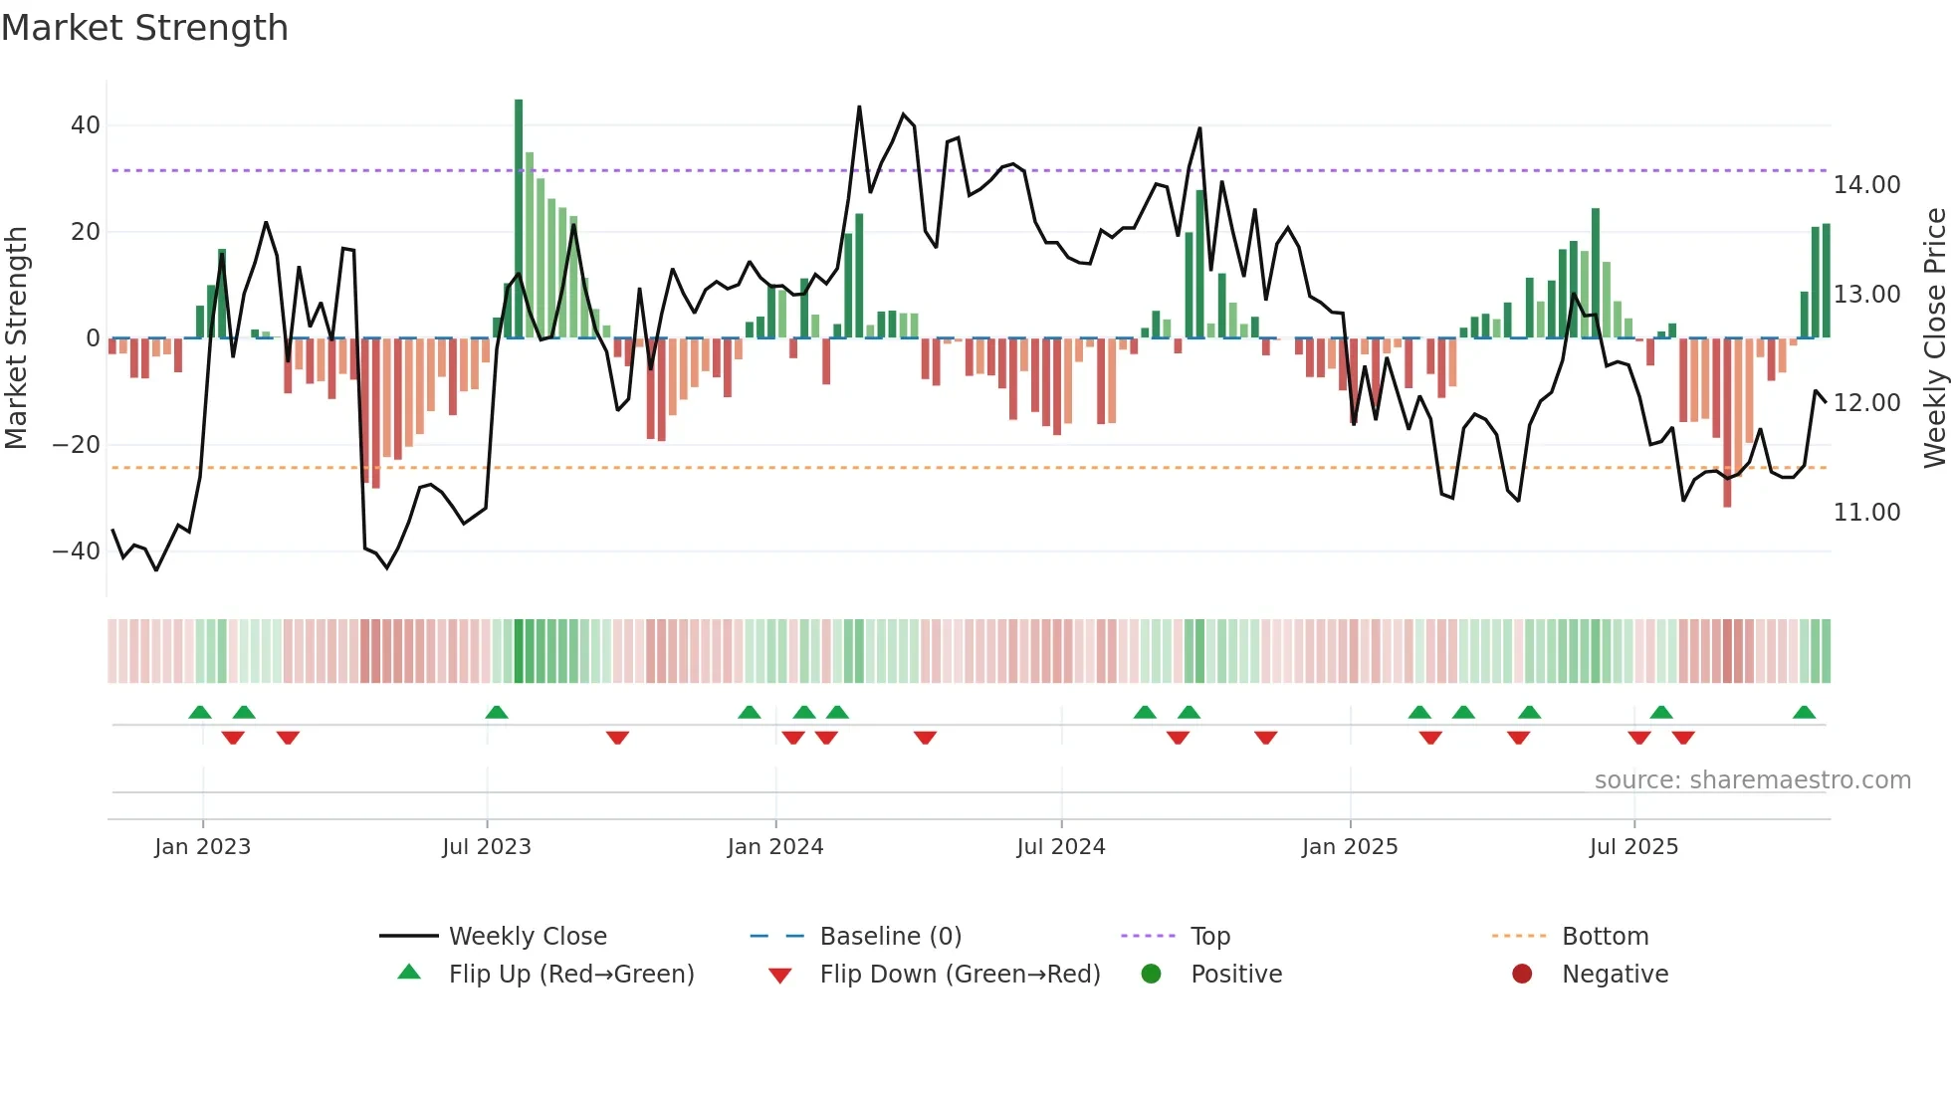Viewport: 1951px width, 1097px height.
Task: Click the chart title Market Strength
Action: tap(144, 28)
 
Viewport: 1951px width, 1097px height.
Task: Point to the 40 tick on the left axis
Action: tap(86, 125)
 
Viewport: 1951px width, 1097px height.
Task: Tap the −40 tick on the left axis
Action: tap(77, 551)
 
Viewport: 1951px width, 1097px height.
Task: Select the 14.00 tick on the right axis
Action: tap(1866, 185)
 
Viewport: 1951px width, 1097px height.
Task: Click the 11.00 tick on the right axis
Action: tap(1866, 513)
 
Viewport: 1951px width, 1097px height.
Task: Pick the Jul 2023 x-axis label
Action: tap(487, 847)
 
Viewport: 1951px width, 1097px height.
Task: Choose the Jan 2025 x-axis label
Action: tap(1350, 847)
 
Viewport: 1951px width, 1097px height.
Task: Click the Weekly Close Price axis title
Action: tap(1934, 338)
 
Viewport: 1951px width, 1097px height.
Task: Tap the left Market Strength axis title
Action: tap(17, 338)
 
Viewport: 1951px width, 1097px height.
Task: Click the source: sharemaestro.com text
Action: tap(1752, 780)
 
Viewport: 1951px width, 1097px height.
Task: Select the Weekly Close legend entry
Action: tap(528, 937)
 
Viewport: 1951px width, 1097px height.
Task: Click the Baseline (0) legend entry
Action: tap(890, 937)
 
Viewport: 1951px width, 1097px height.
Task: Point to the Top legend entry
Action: tap(1210, 937)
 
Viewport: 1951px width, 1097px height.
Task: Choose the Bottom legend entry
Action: tap(1605, 937)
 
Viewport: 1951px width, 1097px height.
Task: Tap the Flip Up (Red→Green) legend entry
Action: tap(570, 975)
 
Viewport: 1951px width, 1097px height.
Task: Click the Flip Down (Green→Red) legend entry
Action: tap(960, 975)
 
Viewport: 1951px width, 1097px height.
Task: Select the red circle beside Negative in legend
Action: tap(1522, 975)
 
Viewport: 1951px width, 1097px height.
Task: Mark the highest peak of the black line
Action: tap(859, 107)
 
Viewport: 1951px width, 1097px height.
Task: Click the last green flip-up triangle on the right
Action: tap(1804, 713)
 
